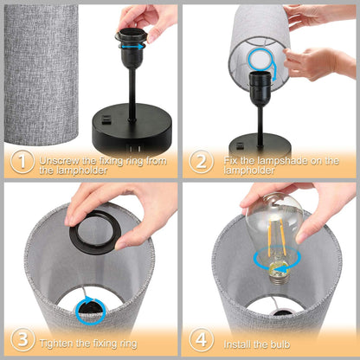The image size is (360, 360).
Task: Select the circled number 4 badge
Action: [200, 338]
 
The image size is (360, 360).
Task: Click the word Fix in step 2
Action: [227, 161]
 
